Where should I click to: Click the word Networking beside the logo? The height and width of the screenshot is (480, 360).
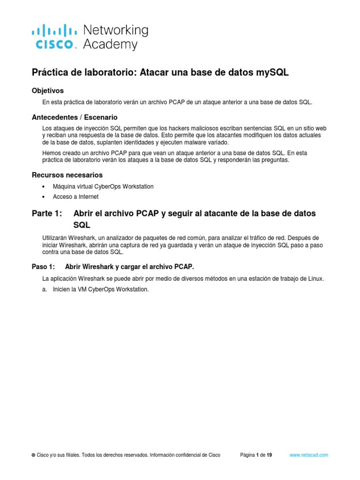pyautogui.click(x=115, y=31)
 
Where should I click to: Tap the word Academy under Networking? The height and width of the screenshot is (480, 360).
pyautogui.click(x=110, y=45)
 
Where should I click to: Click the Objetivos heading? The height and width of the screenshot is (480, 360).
pyautogui.click(x=47, y=90)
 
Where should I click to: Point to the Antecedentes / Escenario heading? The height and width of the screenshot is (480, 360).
pyautogui.click(x=75, y=117)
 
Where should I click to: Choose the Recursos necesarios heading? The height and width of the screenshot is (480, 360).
pyautogui.click(x=67, y=175)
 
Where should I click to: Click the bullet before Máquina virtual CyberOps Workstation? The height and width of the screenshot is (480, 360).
pyautogui.click(x=44, y=187)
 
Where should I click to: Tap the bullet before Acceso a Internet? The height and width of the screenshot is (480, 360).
pyautogui.click(x=44, y=197)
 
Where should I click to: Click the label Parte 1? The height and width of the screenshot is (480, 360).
pyautogui.click(x=47, y=213)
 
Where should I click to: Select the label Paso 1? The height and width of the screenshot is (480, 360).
pyautogui.click(x=44, y=267)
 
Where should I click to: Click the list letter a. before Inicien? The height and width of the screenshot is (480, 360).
pyautogui.click(x=45, y=289)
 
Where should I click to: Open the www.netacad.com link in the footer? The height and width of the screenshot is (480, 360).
pyautogui.click(x=308, y=455)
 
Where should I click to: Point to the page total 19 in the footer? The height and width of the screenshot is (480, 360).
pyautogui.click(x=269, y=455)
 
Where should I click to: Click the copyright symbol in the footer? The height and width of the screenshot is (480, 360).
pyautogui.click(x=33, y=455)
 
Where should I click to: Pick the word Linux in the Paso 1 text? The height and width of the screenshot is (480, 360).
pyautogui.click(x=315, y=278)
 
